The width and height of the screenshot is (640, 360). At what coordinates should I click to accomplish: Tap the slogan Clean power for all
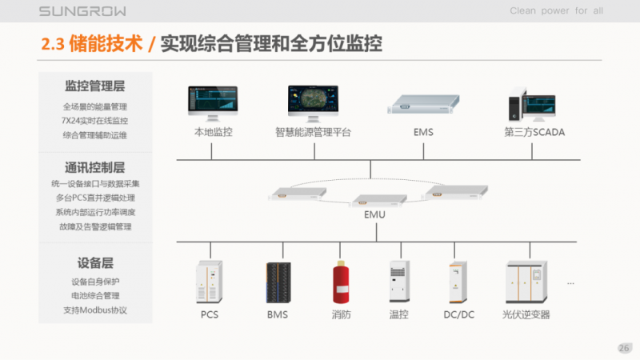556,11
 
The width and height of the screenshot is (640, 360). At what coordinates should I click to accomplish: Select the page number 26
624,347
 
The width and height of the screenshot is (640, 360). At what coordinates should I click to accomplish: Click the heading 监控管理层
95,86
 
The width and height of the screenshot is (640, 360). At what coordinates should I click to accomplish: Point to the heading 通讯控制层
95,167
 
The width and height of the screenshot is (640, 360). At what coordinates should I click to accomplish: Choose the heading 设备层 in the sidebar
95,262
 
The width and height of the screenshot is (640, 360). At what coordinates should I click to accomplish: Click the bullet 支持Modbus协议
95,310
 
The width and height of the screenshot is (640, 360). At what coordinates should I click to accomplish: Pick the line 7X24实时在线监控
95,120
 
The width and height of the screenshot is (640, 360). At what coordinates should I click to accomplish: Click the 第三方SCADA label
534,132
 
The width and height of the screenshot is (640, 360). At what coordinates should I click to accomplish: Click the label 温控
398,314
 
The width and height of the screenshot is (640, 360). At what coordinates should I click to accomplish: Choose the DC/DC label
458,314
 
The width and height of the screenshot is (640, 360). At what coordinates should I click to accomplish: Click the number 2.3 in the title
54,44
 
